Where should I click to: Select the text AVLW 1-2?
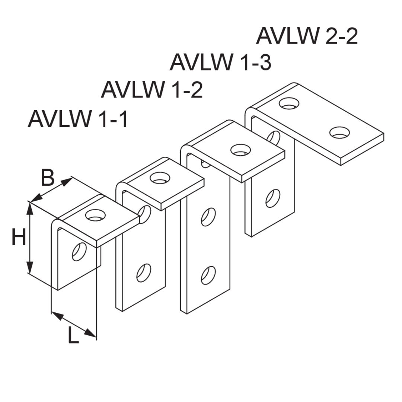[x=151, y=90]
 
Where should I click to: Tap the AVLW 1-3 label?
[x=220, y=62]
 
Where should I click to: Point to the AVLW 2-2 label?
[x=306, y=36]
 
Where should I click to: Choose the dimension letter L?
[x=73, y=337]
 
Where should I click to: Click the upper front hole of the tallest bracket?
[x=208, y=216]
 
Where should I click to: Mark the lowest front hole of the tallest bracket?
[x=208, y=274]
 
